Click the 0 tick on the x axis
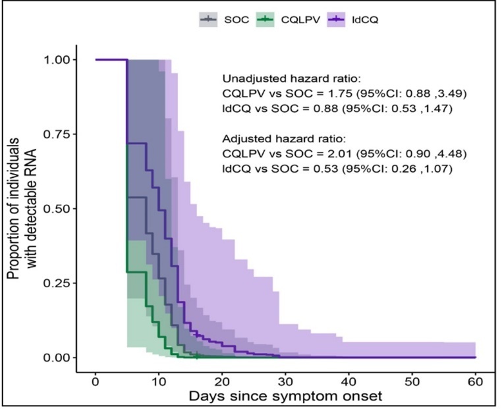click(x=96, y=381)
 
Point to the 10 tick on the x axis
click(x=159, y=381)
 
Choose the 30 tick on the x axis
click(x=285, y=381)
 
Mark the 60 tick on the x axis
click(x=475, y=381)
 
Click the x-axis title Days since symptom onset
click(x=285, y=397)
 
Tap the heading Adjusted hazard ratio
click(x=271, y=139)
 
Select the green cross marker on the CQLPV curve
click(x=197, y=357)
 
